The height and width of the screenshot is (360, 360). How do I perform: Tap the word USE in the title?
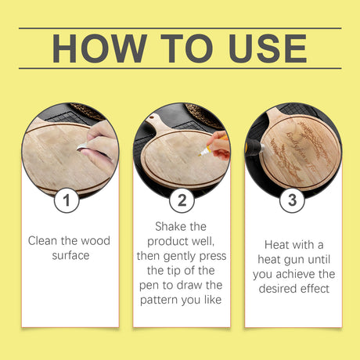point(268,49)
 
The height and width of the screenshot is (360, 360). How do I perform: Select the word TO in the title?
point(187,49)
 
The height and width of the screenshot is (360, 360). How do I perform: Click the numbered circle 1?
point(67,200)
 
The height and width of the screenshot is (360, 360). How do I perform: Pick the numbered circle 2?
point(182,200)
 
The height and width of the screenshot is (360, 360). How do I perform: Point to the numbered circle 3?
point(292,200)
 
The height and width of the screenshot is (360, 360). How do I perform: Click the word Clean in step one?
point(43,240)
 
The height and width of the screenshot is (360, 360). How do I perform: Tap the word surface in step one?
point(70,255)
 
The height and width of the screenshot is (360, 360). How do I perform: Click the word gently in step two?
point(181,257)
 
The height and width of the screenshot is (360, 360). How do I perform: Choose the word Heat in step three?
point(276,245)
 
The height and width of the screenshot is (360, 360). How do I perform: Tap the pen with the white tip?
point(213,146)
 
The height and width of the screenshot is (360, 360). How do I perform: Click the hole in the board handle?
point(151,120)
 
